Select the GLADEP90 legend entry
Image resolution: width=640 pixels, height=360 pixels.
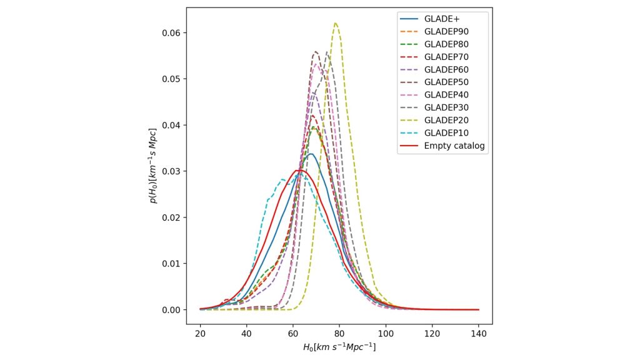446,31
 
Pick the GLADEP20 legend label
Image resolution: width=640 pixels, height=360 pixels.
446,120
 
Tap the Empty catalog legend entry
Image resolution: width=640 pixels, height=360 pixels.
454,146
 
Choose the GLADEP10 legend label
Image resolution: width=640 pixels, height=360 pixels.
446,132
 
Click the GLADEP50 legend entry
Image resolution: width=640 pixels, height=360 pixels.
446,82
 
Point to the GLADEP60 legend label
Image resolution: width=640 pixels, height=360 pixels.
446,69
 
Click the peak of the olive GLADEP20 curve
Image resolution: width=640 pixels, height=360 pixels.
336,23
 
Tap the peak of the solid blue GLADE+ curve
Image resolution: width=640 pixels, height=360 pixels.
311,154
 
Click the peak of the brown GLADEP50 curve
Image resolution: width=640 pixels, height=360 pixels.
316,52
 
